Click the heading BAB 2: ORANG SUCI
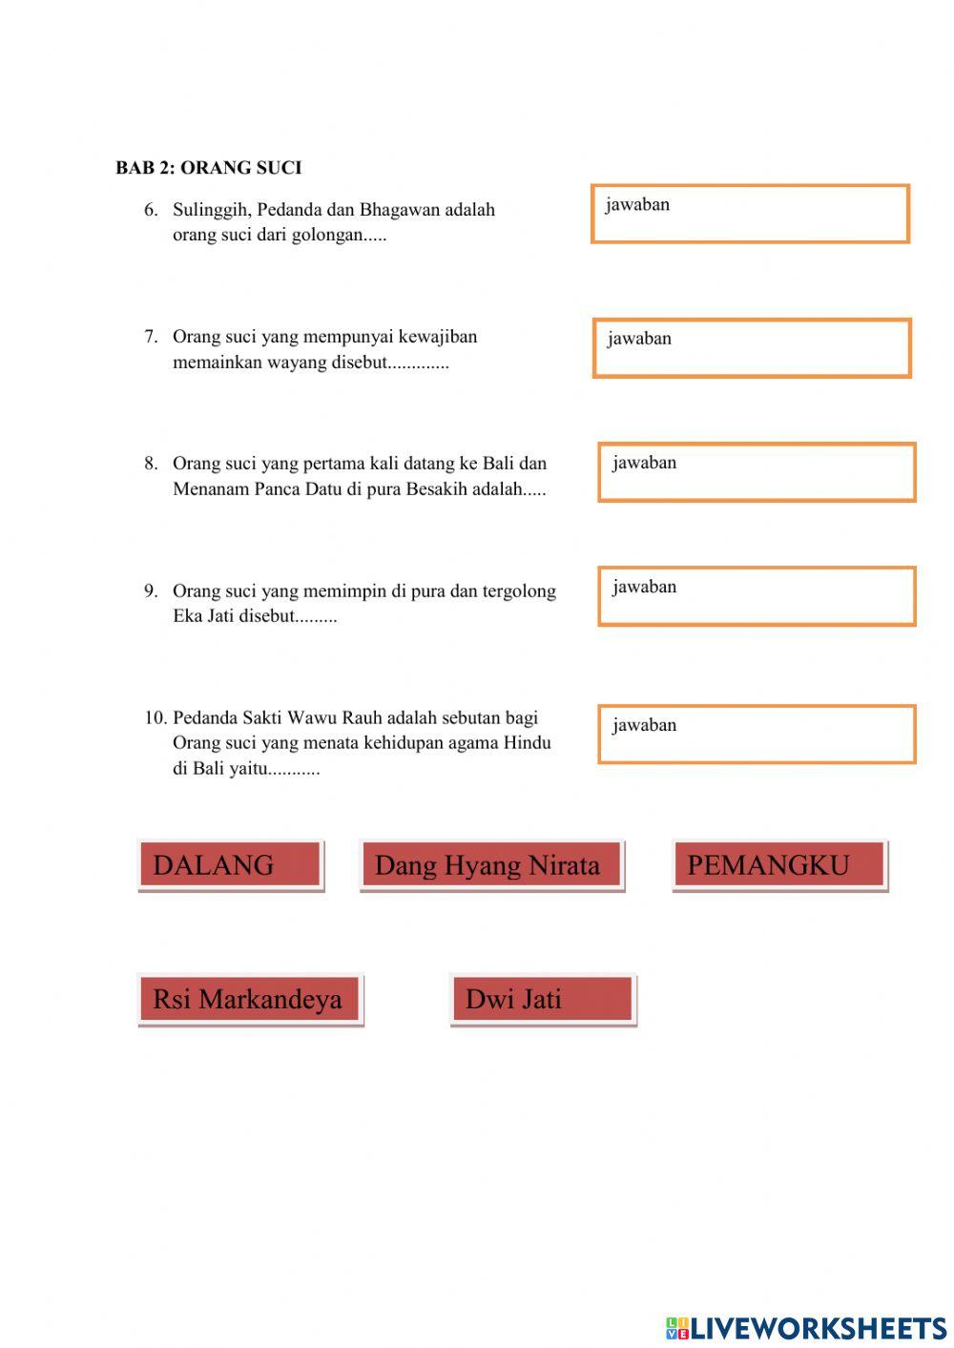[208, 168]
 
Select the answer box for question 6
[750, 214]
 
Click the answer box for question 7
[752, 348]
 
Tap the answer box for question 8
[757, 472]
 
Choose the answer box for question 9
[757, 596]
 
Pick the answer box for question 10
[757, 735]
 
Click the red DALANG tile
[230, 865]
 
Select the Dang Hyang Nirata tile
[491, 865]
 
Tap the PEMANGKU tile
[778, 865]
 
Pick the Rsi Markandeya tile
[249, 999]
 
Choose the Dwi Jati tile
[542, 999]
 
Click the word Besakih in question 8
[436, 489]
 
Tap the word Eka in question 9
[188, 616]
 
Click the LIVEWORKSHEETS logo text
[818, 1328]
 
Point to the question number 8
[151, 464]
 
